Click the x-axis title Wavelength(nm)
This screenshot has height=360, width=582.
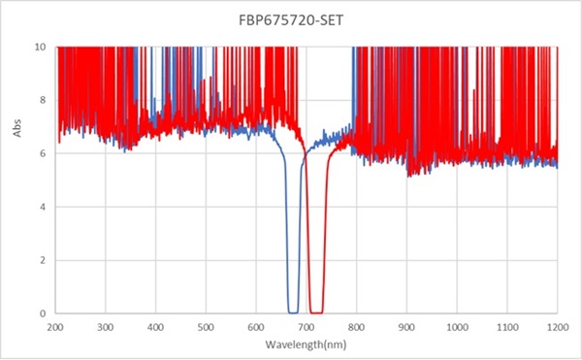click(x=306, y=344)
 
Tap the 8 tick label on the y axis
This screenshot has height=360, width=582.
click(x=42, y=100)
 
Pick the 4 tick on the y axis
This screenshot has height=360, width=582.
click(x=42, y=207)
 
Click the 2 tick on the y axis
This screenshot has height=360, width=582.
click(x=42, y=260)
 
